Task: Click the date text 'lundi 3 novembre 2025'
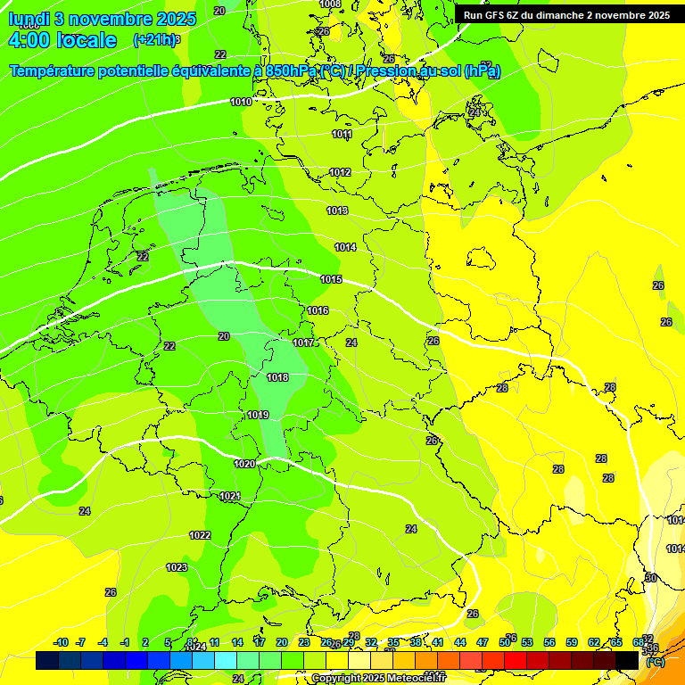[x=92, y=19]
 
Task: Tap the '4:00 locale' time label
[x=62, y=40]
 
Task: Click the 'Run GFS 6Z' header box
[x=566, y=15]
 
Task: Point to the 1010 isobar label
[x=241, y=103]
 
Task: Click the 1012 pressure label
[x=340, y=173]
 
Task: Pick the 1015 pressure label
[x=332, y=280]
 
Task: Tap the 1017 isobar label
[x=303, y=343]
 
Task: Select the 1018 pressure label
[x=277, y=378]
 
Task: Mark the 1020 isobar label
[x=244, y=465]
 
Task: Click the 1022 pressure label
[x=200, y=536]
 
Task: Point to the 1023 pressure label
[x=177, y=568]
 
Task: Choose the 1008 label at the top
[x=330, y=4]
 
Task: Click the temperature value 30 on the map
[x=651, y=579]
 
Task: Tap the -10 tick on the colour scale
[x=61, y=643]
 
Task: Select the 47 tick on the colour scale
[x=483, y=643]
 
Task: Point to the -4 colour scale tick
[x=103, y=643]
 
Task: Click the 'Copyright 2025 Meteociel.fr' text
[x=378, y=679]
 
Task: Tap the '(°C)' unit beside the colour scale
[x=655, y=662]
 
